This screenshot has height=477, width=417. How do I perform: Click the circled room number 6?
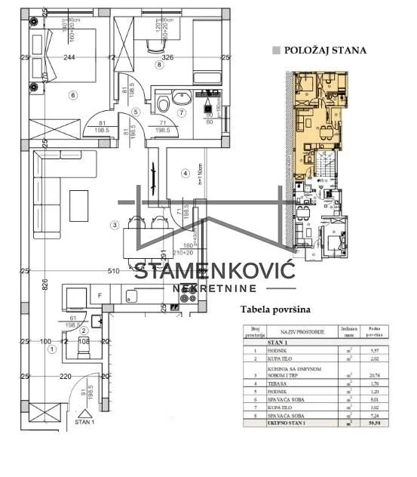(73, 95)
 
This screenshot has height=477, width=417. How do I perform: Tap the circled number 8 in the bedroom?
(159, 65)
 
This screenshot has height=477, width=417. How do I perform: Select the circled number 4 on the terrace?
(184, 174)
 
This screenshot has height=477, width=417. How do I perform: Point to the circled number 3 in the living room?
(114, 224)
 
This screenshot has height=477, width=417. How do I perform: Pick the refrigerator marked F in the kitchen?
(99, 296)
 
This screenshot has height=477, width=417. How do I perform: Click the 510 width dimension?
(114, 271)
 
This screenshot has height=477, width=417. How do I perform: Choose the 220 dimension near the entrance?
(66, 376)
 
